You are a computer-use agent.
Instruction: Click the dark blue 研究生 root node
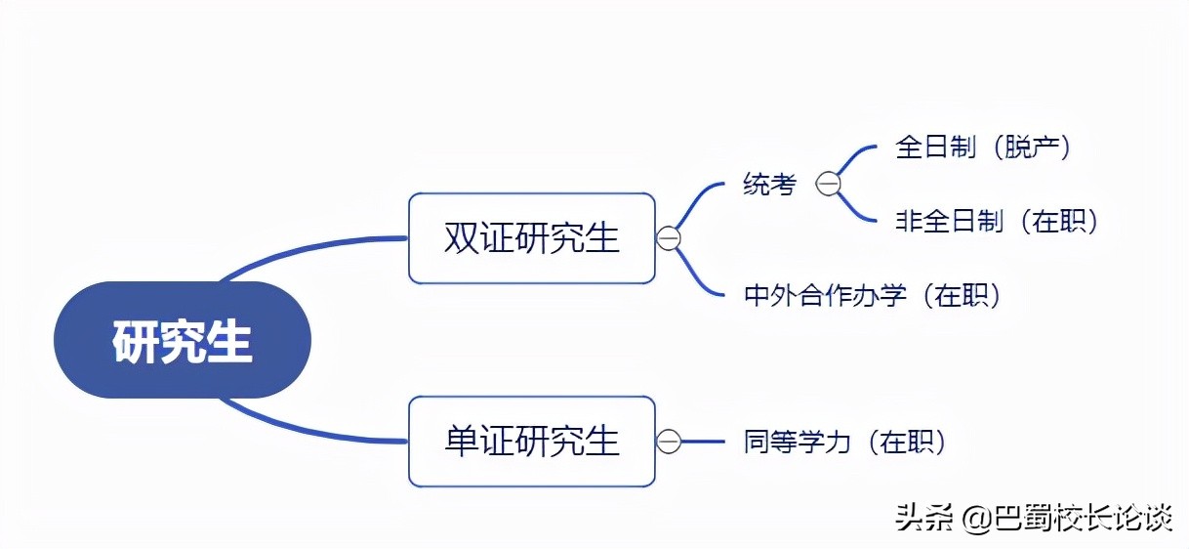pos(183,341)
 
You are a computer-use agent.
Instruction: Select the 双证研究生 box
pos(531,238)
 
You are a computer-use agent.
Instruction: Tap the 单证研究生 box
pos(531,441)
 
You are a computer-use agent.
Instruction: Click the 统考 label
pos(769,184)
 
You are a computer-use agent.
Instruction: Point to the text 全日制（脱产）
pos(984,148)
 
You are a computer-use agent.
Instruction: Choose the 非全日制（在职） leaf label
pos(998,222)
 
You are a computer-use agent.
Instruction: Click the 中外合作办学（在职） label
pos(873,295)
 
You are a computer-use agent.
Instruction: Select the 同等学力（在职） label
pos(845,443)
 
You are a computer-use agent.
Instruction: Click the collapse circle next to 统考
pos(828,184)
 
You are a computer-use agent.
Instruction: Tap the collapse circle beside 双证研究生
pos(668,238)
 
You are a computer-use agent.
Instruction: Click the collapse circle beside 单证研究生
pos(668,442)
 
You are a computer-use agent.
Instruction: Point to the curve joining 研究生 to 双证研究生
pos(293,250)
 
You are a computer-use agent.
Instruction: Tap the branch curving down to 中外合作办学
pos(697,274)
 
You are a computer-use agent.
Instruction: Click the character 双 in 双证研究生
pos(459,238)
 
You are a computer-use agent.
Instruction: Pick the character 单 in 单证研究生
pos(459,441)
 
